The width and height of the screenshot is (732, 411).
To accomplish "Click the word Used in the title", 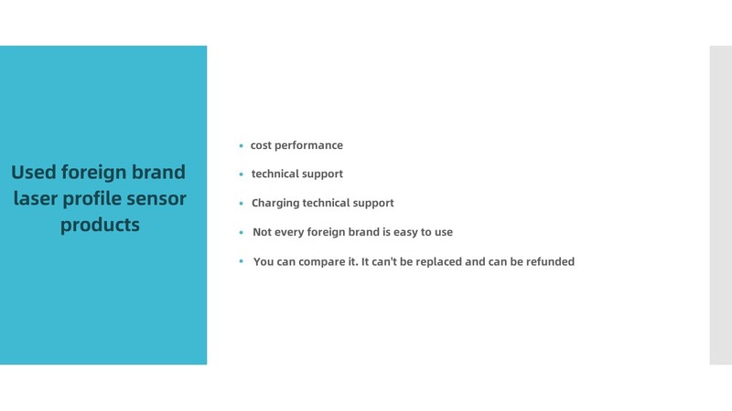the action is (34, 172).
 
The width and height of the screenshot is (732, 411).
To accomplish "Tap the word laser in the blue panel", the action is (35, 198).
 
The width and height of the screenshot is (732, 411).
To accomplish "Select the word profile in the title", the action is (92, 199).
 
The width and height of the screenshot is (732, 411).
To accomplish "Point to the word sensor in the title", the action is (156, 199).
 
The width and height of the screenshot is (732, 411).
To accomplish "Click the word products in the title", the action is (100, 226).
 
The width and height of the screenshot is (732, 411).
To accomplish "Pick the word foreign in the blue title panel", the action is (94, 173).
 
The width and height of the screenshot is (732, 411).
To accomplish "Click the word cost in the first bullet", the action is (261, 145).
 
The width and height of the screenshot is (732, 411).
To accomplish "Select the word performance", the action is (308, 146).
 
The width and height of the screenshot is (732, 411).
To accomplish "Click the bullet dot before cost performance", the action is (241, 146).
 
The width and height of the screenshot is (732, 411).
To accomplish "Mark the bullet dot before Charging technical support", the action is (241, 203).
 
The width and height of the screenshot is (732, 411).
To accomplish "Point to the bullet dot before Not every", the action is (241, 232).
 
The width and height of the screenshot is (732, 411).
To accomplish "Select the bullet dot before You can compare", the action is (241, 261).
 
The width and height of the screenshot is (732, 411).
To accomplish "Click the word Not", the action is (262, 232).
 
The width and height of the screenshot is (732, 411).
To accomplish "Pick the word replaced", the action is (439, 262).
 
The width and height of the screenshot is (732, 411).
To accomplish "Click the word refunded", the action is (551, 261).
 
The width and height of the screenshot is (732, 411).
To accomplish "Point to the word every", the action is (289, 233).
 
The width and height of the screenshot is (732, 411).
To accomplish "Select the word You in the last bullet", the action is (264, 262).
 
